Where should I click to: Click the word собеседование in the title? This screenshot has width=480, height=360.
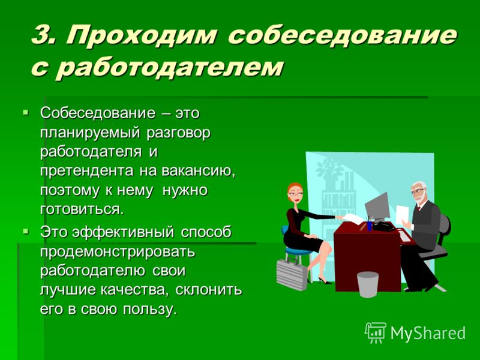coord(342,35)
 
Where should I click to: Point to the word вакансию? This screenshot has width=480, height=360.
coord(199,172)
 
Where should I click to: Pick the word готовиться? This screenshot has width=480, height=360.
coord(83,209)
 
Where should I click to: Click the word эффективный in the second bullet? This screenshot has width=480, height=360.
coord(123,233)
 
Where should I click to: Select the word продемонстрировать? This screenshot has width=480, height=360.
coord(118,252)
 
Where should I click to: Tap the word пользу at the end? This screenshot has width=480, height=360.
coord(150,309)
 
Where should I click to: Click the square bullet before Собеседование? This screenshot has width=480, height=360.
coord(25,112)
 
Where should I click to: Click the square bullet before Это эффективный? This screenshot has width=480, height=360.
coord(25,232)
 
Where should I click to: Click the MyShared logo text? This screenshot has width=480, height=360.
coord(428,333)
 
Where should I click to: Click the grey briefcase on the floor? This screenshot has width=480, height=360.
coord(292,274)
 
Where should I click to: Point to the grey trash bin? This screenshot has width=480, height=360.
coord(368,284)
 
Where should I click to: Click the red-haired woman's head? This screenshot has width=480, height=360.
coord(295,193)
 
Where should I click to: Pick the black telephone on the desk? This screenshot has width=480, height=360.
coord(384,226)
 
